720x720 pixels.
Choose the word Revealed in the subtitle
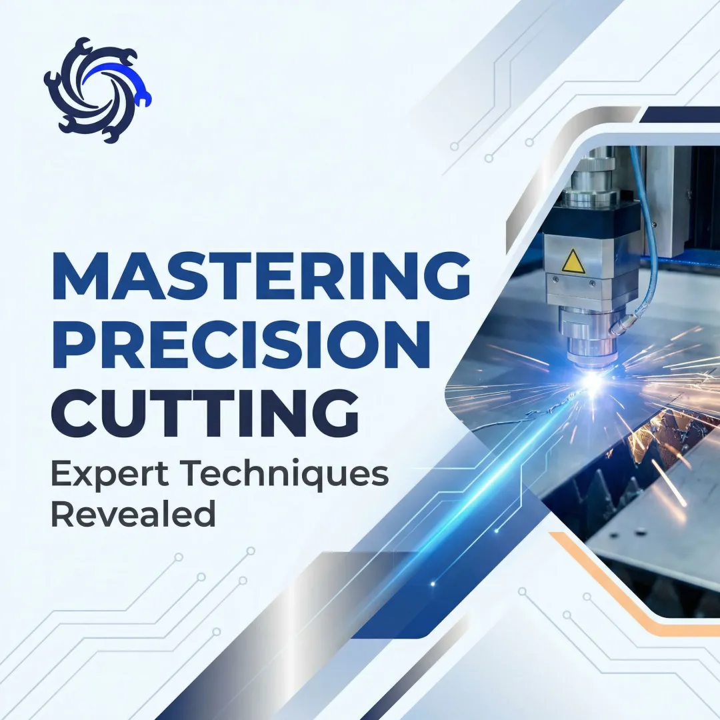(133, 514)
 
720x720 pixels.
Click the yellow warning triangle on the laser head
(573, 262)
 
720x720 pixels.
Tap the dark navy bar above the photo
(680, 115)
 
